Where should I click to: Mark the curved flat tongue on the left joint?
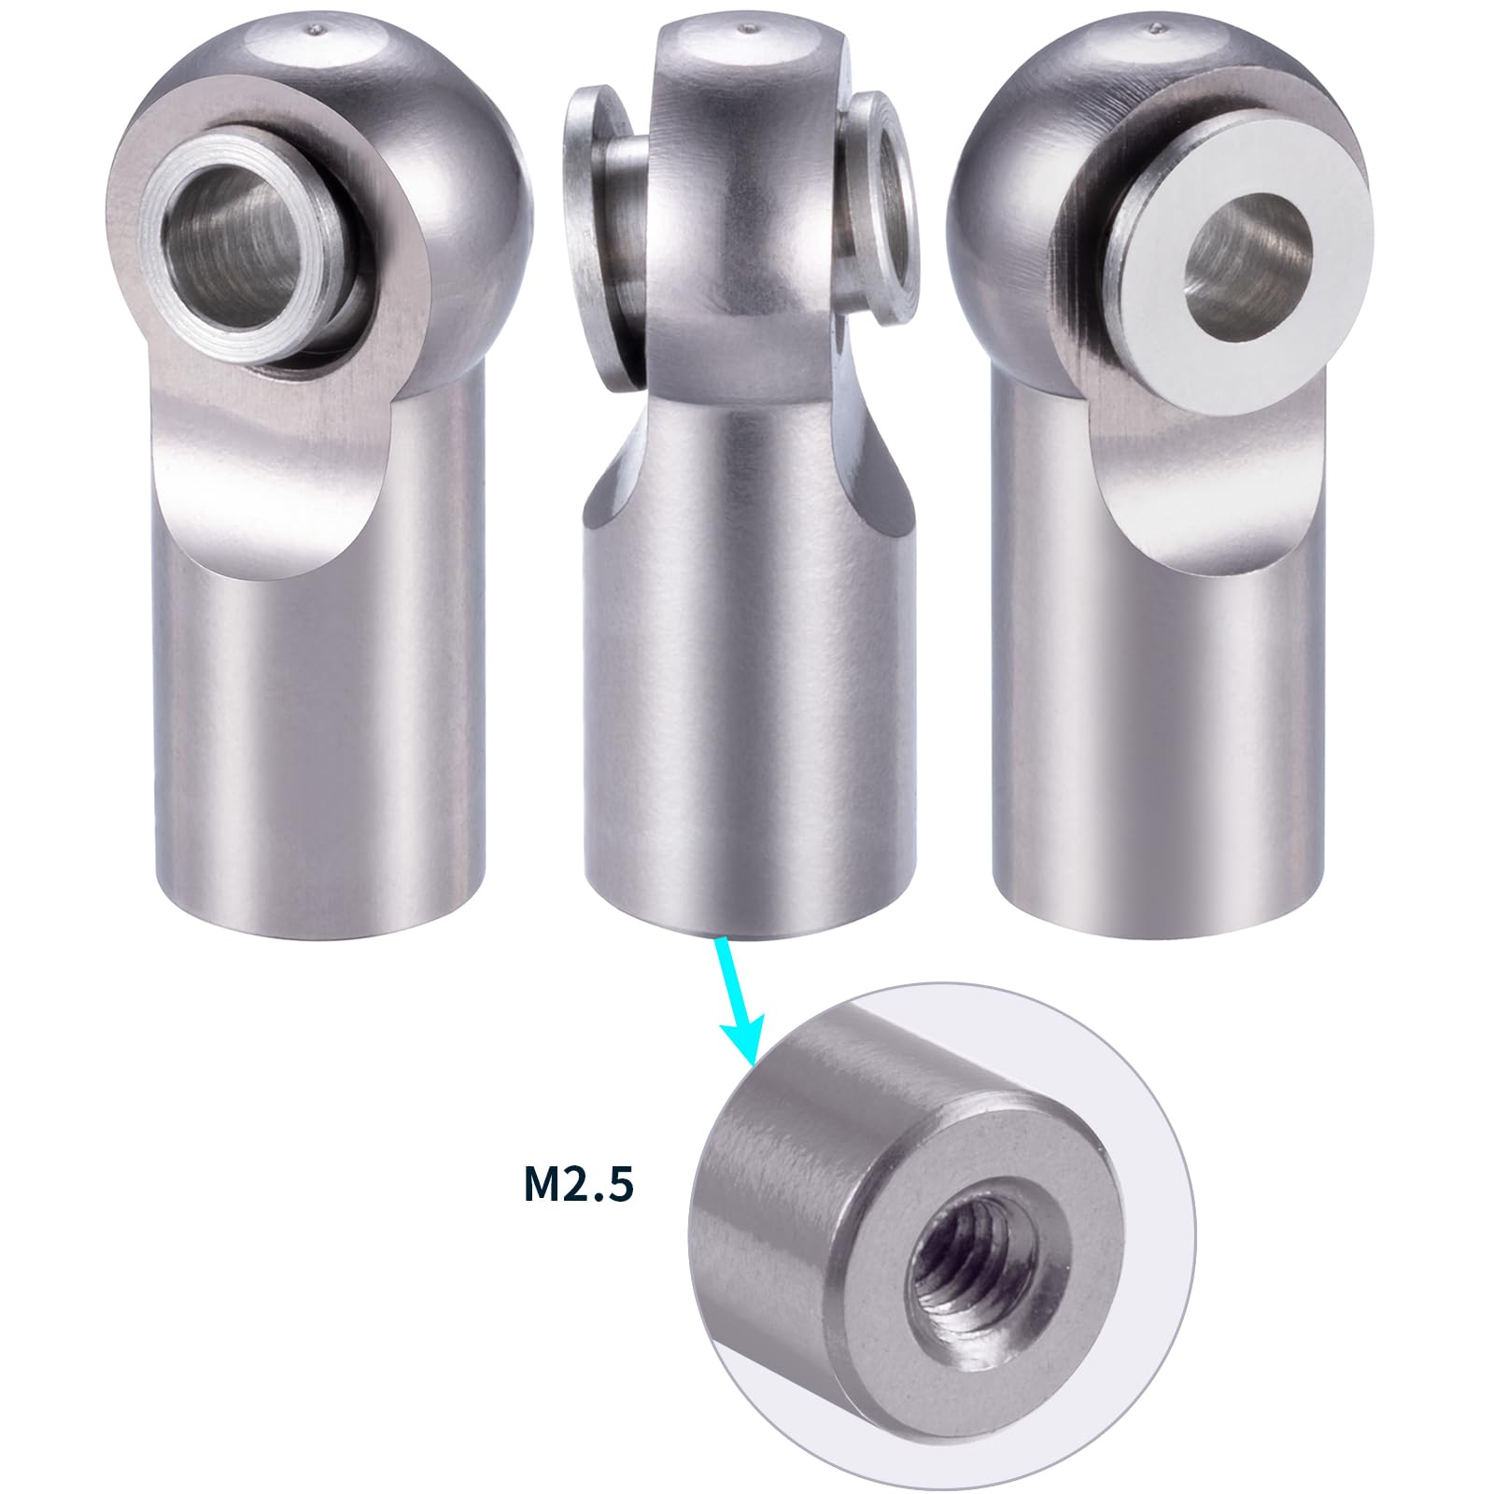coord(252,486)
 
